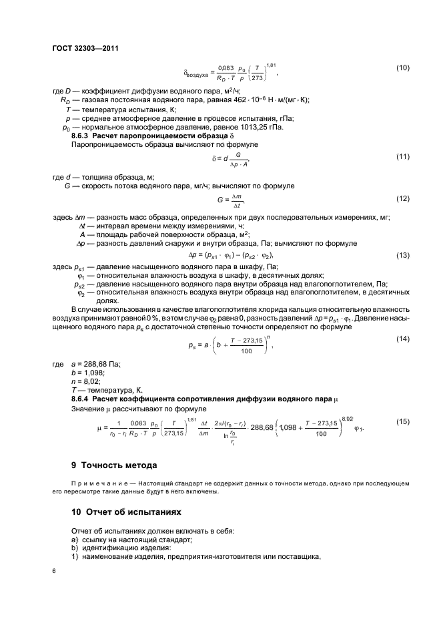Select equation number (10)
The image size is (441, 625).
click(x=403, y=68)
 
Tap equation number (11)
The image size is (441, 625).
click(x=403, y=156)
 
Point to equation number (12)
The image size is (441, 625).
click(x=403, y=198)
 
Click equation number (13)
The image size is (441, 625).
click(x=403, y=255)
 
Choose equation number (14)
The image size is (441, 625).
click(x=403, y=340)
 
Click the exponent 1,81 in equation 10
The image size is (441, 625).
click(x=270, y=65)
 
